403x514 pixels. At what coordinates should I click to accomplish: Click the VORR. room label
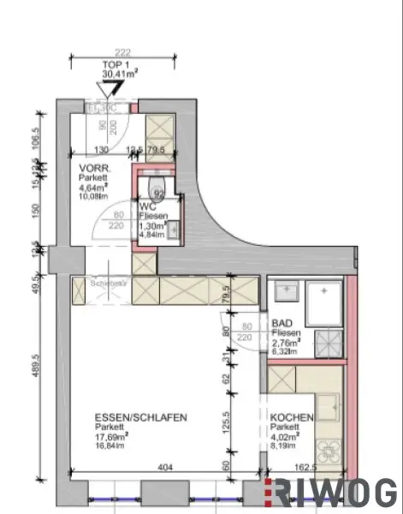coord(92,169)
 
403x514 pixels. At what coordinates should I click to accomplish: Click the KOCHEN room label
coord(292,418)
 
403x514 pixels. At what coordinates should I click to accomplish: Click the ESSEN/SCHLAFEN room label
coord(140,418)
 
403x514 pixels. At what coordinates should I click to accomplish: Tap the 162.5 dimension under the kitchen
coord(304,469)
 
